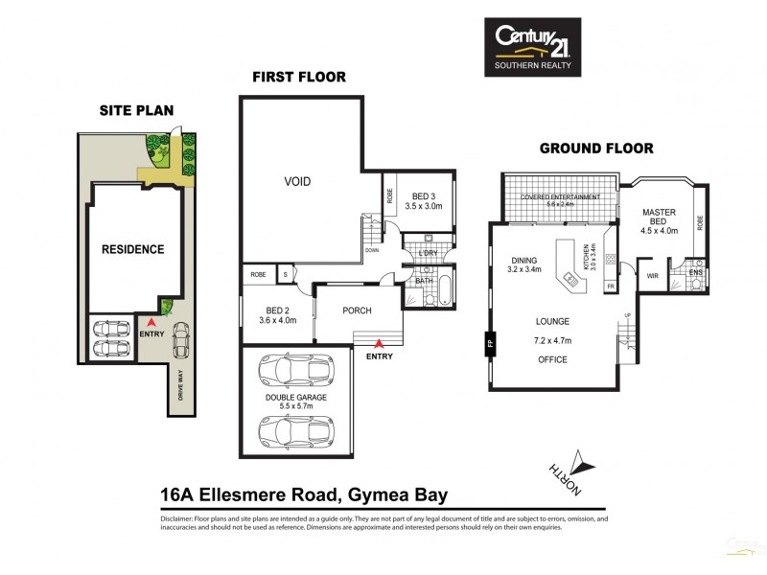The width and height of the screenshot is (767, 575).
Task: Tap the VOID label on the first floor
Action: point(297,181)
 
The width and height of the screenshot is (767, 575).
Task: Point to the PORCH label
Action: point(357,310)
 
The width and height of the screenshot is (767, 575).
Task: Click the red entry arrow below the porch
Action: point(380,342)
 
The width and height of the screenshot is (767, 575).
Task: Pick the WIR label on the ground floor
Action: point(653,276)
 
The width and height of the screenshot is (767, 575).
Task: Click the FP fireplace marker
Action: point(489,340)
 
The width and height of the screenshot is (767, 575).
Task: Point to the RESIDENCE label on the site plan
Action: point(132,249)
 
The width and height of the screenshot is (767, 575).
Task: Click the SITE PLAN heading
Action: point(136,110)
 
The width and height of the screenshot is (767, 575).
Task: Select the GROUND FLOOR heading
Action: point(595,149)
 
